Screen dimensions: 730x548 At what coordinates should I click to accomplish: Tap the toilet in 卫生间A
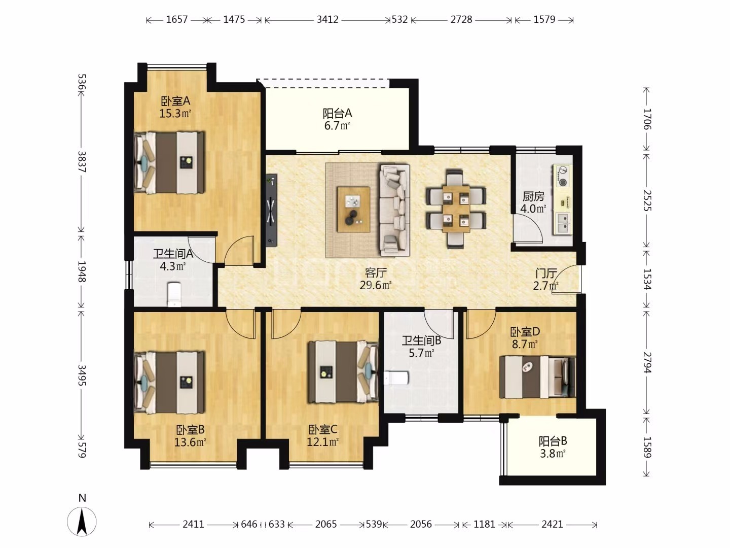click(x=174, y=294)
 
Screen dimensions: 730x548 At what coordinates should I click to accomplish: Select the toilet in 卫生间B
click(x=396, y=378)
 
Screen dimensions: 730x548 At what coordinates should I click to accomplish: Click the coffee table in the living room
click(x=353, y=209)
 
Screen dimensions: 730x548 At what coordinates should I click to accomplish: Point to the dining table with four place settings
click(x=456, y=209)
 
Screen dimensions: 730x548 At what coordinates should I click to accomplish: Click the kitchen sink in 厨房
click(x=563, y=223)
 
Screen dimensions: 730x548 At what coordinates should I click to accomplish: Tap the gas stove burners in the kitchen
click(x=563, y=176)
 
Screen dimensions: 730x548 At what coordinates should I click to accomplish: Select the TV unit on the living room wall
click(x=271, y=210)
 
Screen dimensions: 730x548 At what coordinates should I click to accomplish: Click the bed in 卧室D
click(x=537, y=377)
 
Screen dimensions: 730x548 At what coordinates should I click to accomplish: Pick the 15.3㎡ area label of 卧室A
click(x=175, y=114)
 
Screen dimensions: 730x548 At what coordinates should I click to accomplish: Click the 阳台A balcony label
click(x=337, y=113)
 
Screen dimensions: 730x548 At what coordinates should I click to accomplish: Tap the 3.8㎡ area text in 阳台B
click(x=553, y=454)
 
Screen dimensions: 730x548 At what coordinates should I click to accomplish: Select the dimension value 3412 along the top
click(x=327, y=20)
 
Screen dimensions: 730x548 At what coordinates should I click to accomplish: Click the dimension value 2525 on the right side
click(x=647, y=200)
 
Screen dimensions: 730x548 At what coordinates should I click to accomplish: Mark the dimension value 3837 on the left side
click(x=82, y=162)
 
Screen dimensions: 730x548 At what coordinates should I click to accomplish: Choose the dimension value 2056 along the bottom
click(x=421, y=524)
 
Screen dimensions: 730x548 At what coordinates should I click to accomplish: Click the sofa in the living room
click(x=395, y=210)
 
